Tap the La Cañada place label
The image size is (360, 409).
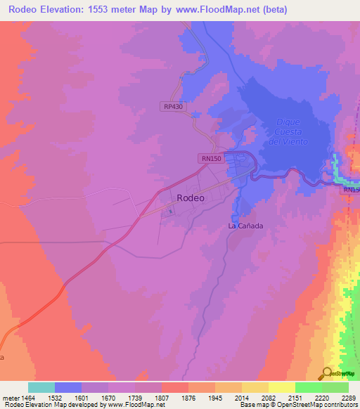(x=245, y=226)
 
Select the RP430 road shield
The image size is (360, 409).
(x=172, y=106)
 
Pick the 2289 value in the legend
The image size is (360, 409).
(x=349, y=396)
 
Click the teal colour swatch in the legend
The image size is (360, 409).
(x=41, y=387)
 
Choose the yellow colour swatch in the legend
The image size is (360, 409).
(x=281, y=387)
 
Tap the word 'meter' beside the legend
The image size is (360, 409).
(x=11, y=396)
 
